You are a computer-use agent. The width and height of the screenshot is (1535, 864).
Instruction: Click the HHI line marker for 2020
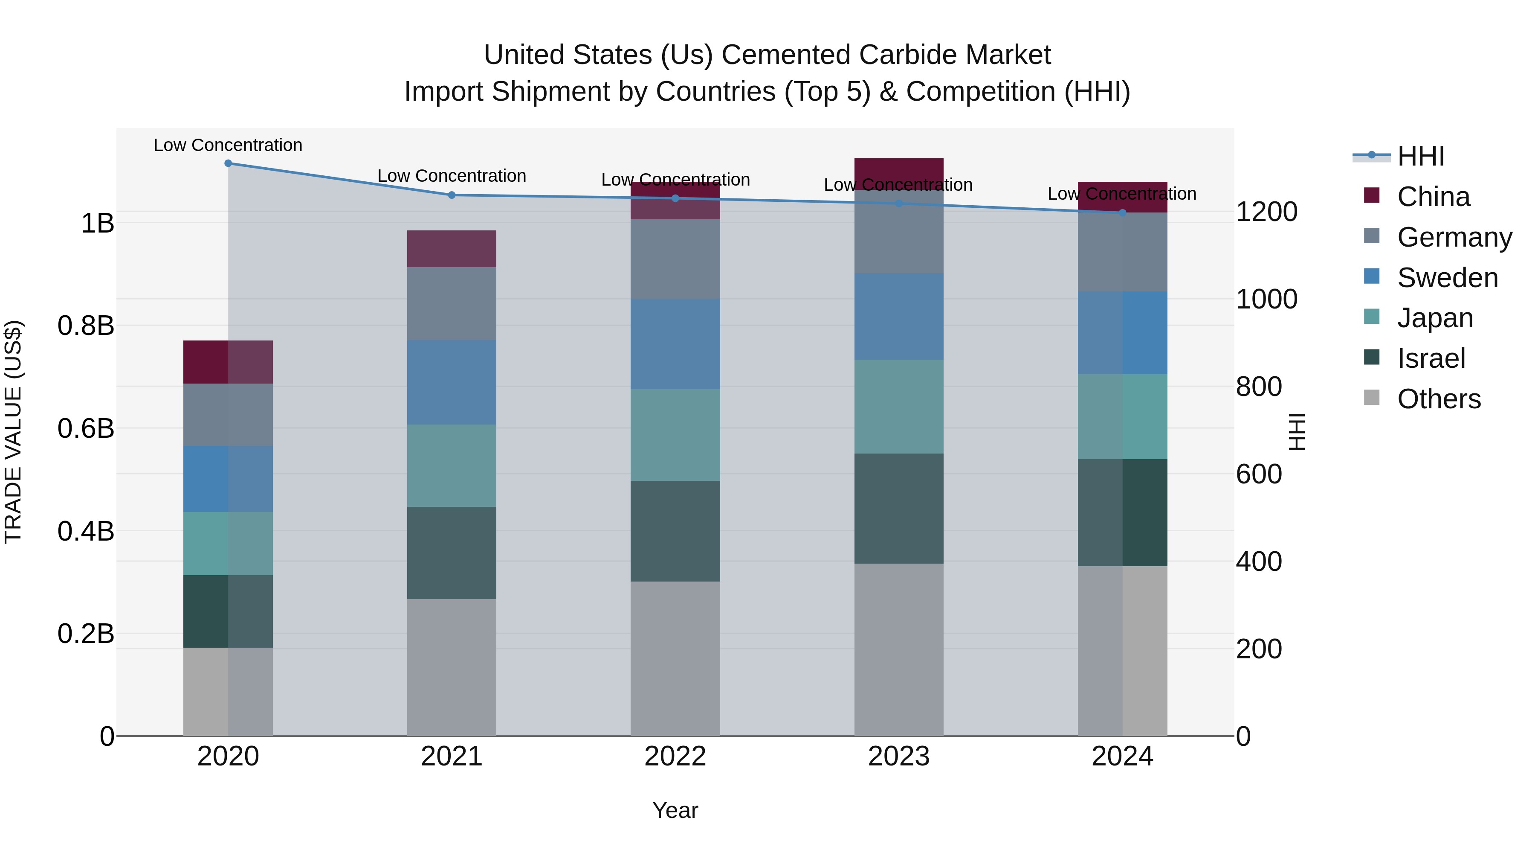point(228,163)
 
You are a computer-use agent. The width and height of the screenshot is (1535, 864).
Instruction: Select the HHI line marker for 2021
point(452,195)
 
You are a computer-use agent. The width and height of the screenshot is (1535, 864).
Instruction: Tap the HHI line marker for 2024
point(1123,213)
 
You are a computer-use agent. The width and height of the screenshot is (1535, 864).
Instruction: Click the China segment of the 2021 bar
point(452,249)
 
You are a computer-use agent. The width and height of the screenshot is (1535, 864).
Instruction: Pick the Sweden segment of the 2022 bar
point(675,344)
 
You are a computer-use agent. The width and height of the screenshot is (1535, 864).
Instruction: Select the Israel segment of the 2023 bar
point(898,508)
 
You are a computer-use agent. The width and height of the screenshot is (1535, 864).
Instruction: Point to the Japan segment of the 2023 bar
point(898,406)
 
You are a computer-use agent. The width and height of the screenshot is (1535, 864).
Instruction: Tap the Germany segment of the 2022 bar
point(675,259)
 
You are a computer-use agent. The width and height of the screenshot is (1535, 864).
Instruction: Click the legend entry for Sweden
point(1447,278)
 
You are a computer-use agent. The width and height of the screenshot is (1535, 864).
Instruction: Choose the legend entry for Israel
point(1431,358)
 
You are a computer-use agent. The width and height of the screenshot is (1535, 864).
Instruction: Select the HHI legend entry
point(1421,156)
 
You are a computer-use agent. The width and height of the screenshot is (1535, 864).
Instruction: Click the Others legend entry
point(1439,399)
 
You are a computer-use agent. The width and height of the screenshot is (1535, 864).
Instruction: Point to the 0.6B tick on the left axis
point(86,428)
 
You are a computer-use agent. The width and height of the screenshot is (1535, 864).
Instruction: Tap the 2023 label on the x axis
point(898,756)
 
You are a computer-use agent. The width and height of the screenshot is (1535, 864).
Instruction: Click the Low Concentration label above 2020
point(228,145)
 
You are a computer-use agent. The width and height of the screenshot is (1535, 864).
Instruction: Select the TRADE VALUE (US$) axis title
point(13,432)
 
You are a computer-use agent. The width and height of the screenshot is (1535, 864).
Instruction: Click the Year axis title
point(675,810)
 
